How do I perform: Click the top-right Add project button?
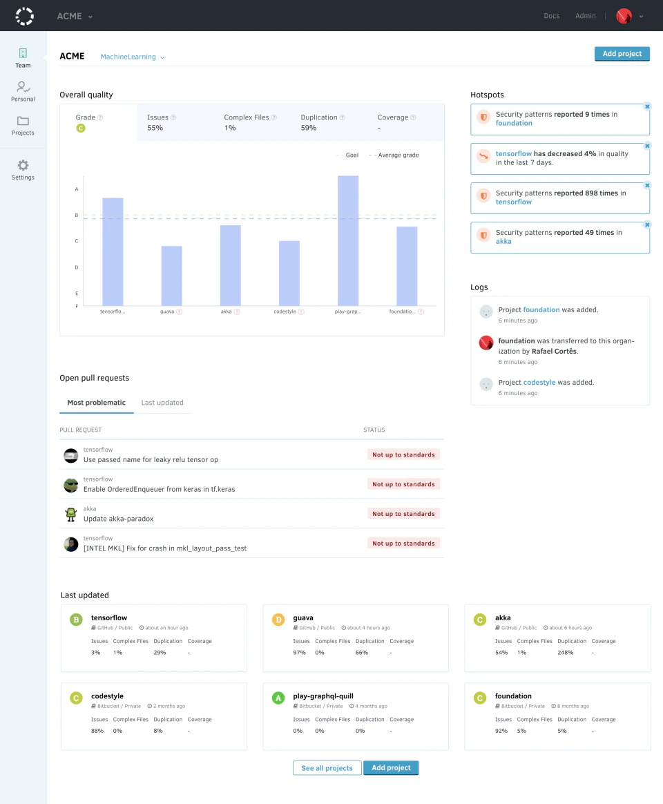622,54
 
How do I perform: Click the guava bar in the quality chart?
171,276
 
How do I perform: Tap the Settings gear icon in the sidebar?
23,166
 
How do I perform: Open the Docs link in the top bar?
552,16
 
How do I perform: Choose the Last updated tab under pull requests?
162,403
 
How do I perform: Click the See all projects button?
327,768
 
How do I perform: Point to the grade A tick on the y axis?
77,189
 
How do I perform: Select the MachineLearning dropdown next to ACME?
132,57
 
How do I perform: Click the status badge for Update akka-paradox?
403,514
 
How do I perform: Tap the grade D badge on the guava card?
278,620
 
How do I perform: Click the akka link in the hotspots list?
503,242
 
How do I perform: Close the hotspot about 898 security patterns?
647,185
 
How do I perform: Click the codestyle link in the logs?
539,382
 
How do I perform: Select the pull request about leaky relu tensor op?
151,459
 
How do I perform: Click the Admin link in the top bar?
585,16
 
